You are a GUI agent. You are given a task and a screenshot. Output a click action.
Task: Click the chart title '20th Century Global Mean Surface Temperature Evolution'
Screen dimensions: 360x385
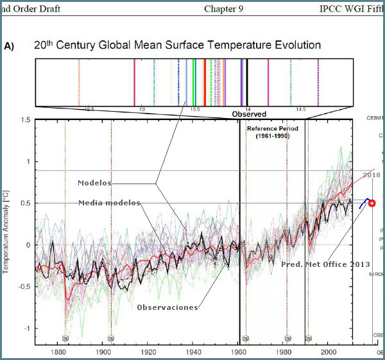point(177,46)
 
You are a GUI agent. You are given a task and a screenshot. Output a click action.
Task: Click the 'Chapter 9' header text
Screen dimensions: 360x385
point(223,9)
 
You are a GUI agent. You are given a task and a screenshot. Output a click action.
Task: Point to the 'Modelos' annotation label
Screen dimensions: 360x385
point(94,183)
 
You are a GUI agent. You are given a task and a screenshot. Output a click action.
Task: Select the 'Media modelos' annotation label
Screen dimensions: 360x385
point(108,203)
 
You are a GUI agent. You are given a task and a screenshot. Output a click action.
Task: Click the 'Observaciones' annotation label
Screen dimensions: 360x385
point(167,307)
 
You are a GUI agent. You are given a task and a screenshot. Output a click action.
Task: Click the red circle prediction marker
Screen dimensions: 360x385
point(372,203)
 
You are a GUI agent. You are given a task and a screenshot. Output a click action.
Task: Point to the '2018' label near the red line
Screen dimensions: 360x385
point(372,175)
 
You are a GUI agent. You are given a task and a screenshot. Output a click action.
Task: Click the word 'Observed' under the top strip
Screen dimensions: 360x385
point(249,114)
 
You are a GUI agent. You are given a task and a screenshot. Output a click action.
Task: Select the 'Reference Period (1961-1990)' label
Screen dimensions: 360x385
point(268,133)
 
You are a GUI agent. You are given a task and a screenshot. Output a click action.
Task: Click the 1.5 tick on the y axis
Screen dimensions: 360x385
point(25,120)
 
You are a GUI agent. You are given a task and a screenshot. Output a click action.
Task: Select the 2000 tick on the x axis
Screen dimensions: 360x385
point(329,352)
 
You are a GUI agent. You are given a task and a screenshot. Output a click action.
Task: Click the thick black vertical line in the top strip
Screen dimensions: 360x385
point(248,81)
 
